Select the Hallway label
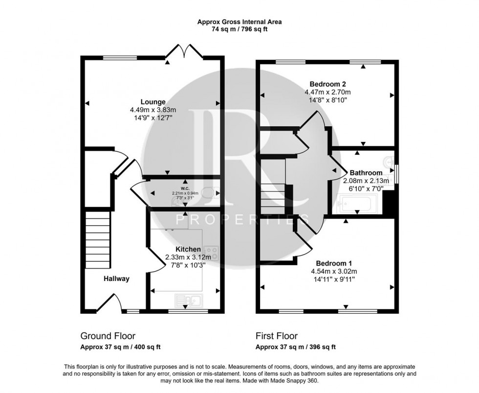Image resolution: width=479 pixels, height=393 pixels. coord(116,279)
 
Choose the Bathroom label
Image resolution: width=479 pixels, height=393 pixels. coord(366,173)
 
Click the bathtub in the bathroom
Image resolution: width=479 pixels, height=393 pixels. coord(357,203)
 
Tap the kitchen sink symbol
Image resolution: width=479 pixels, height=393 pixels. coord(188,300)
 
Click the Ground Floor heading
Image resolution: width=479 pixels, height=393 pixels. coord(108,336)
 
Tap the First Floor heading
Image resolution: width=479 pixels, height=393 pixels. coord(277,336)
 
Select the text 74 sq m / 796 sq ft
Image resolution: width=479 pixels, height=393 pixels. coord(239,29)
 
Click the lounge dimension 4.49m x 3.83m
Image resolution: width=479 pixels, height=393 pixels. coord(153,110)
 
